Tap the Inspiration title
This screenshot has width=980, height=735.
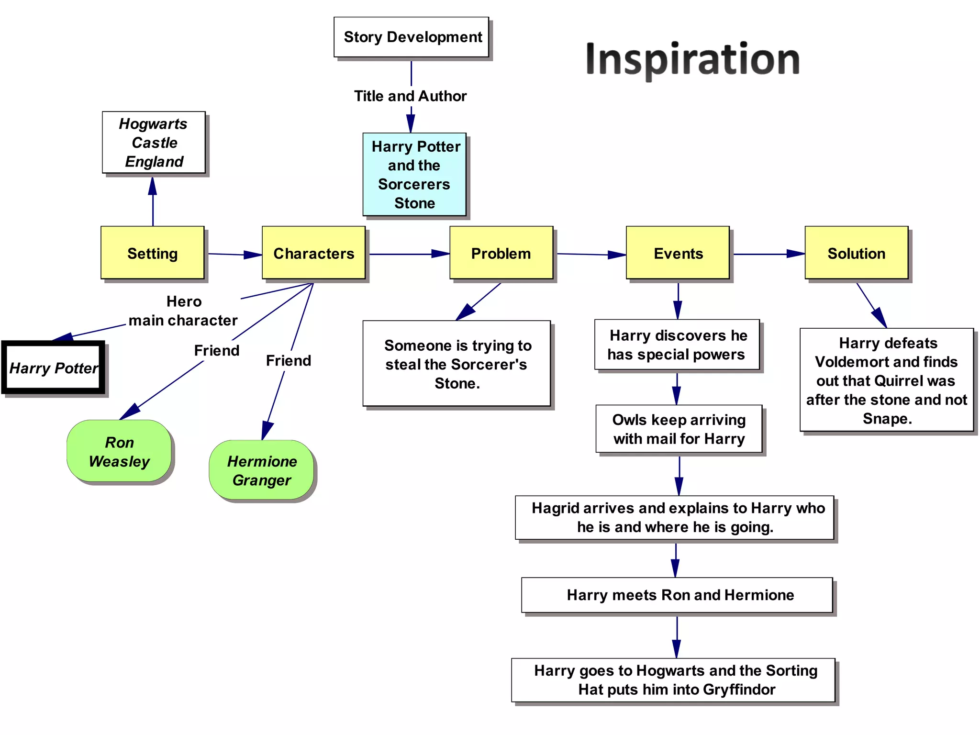692,59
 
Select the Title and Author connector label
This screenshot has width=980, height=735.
410,96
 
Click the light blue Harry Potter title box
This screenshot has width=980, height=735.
414,175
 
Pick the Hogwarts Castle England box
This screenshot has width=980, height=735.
154,143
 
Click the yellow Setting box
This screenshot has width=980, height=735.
153,253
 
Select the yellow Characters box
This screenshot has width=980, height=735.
313,253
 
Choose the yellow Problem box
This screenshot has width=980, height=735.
501,253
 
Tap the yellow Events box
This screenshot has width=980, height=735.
678,253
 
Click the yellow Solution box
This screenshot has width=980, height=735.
856,253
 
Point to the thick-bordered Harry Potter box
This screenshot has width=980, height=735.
53,367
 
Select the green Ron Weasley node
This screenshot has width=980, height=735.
119,451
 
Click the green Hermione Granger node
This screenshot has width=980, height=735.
261,470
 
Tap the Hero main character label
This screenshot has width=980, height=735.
183,311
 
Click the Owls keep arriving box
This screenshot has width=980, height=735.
679,429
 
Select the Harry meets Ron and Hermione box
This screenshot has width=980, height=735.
677,595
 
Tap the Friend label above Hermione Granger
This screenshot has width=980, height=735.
289,360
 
